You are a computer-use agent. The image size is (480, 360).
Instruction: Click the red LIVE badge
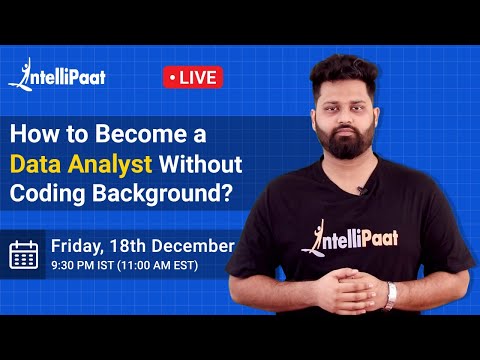192,77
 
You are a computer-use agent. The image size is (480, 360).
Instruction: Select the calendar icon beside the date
24,255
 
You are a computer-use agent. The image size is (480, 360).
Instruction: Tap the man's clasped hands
358,293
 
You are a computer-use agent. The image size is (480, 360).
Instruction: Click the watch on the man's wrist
392,293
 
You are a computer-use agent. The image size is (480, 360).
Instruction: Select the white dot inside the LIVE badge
174,77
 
